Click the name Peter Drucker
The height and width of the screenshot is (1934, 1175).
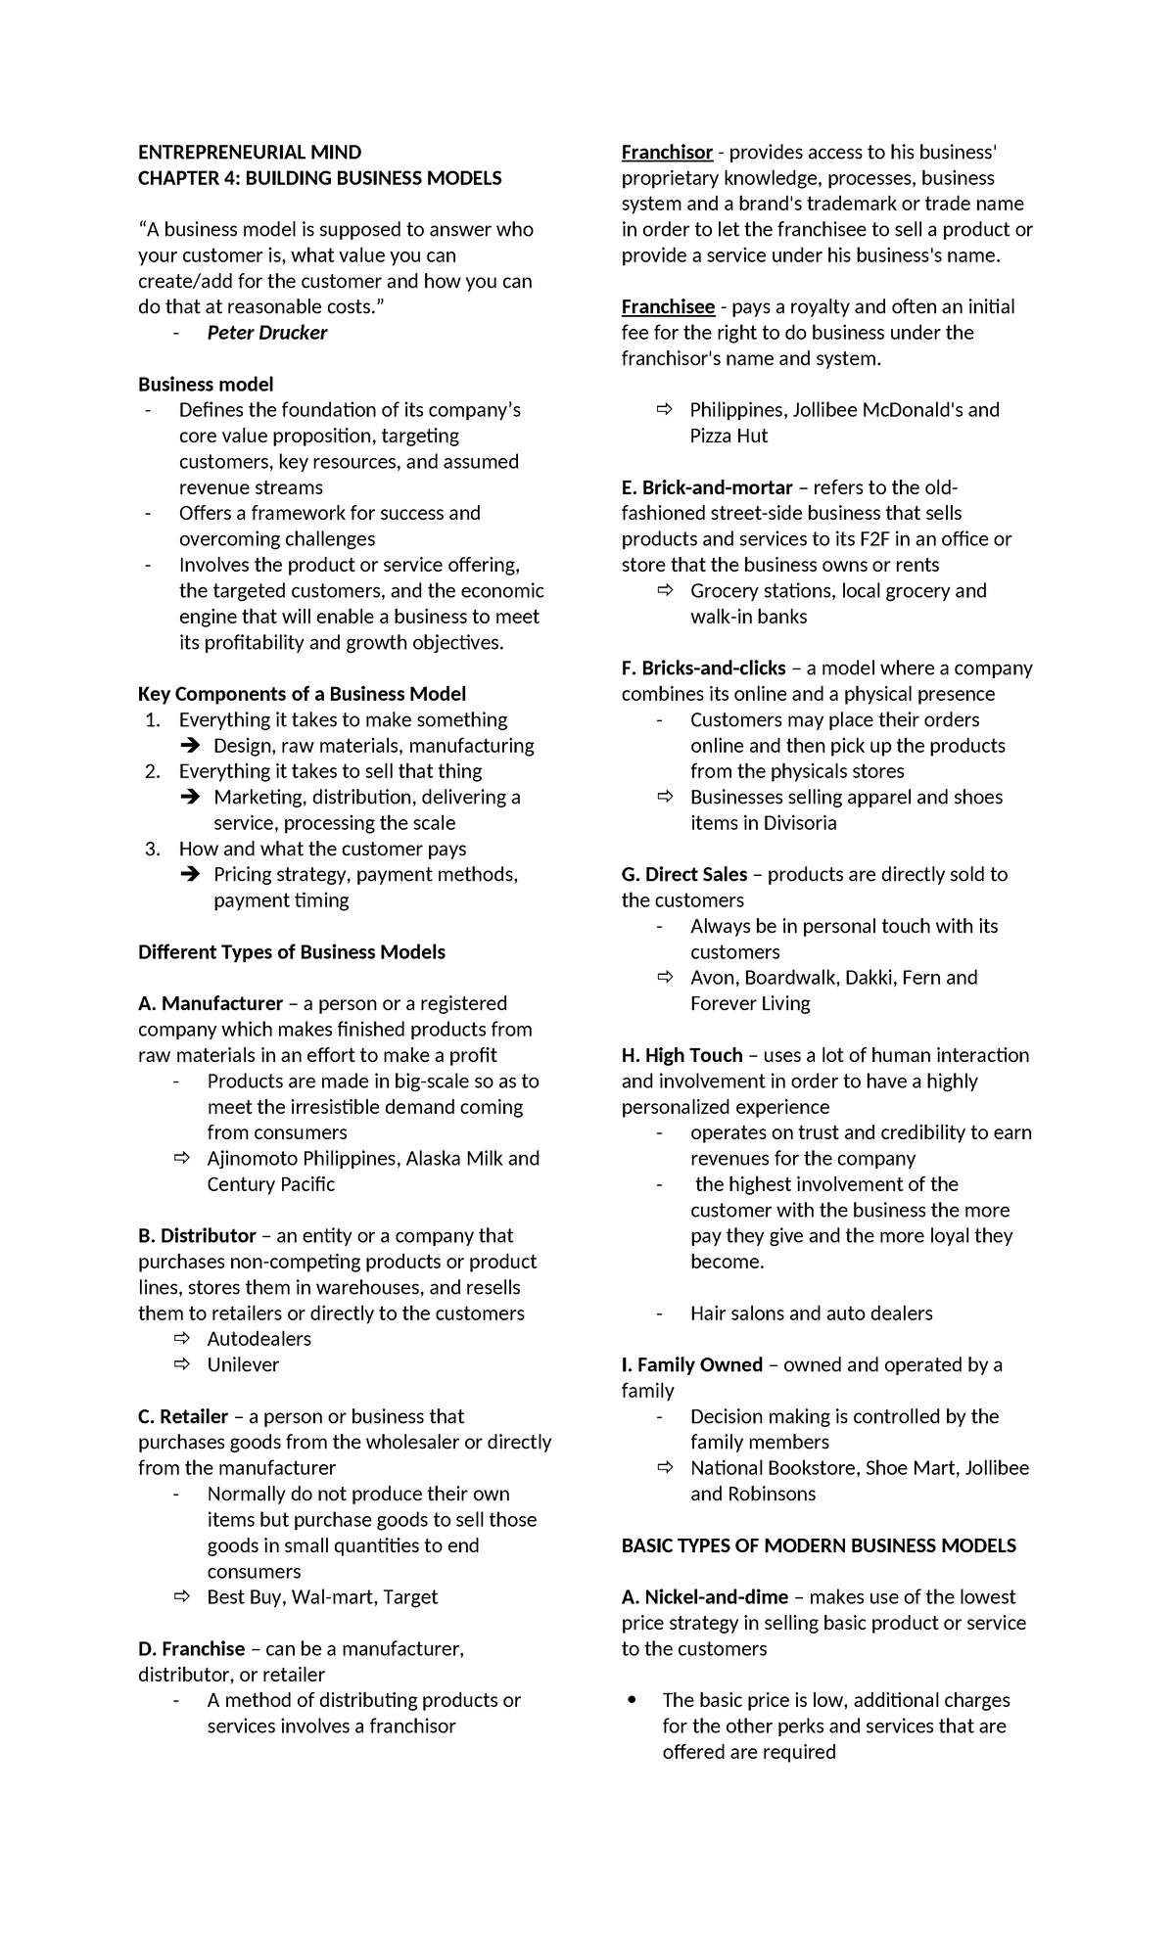coord(266,333)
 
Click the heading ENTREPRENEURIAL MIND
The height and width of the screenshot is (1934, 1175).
coord(250,152)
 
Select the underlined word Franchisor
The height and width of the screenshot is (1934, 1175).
coord(667,152)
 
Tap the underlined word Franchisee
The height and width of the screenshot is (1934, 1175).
coord(668,306)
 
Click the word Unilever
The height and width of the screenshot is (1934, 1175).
coord(243,1364)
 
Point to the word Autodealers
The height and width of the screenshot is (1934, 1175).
coord(258,1338)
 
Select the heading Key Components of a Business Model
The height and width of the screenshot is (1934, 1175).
coord(302,694)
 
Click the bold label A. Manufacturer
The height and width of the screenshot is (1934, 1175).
coord(211,1003)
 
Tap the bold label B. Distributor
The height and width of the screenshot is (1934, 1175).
coord(197,1235)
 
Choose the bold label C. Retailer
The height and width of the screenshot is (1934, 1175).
coord(183,1416)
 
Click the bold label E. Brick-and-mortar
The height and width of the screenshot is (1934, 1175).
coord(707,487)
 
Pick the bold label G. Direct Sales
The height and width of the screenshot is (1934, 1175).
coord(683,874)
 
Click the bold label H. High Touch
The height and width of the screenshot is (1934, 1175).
coord(681,1055)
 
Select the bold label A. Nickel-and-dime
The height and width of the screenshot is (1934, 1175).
coord(704,1596)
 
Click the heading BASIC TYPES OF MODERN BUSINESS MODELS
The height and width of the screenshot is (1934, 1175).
coord(819,1545)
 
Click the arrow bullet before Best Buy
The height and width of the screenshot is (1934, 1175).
coord(181,1596)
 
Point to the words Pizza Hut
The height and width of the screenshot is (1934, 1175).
coord(728,436)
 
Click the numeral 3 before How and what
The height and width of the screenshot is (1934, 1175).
coord(152,849)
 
